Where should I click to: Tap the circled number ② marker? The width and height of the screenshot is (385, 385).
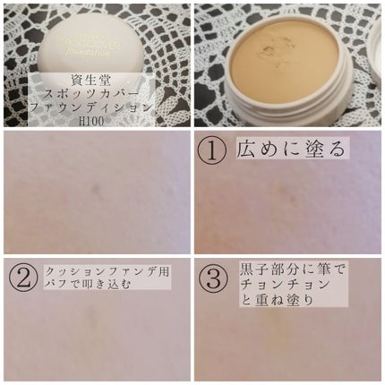22,278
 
